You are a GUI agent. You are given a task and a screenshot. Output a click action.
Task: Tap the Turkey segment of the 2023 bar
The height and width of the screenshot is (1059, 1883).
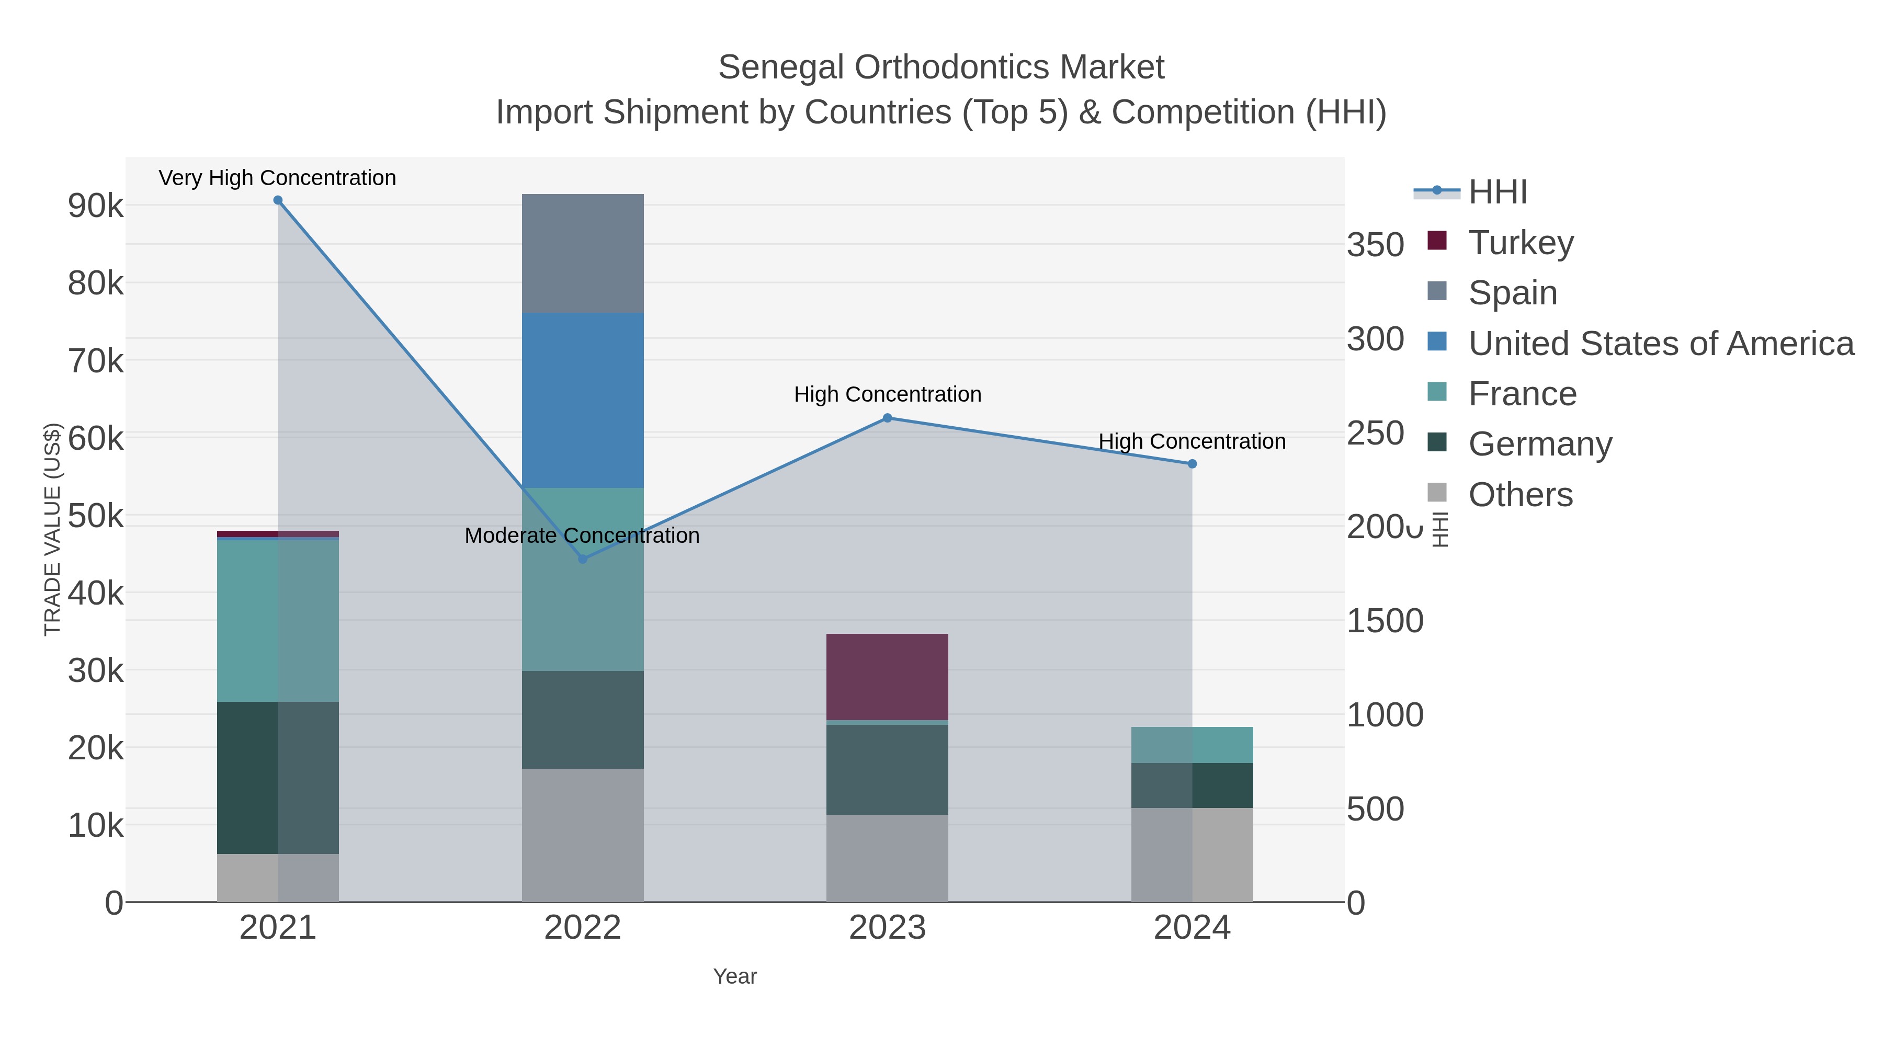click(887, 676)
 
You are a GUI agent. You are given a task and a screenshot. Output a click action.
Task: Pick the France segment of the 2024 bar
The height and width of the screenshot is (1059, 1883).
click(1192, 744)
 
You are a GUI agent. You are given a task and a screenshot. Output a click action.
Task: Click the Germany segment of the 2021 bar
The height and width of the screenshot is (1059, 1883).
click(278, 777)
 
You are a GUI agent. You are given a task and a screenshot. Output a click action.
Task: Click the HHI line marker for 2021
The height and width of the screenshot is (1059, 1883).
click(278, 200)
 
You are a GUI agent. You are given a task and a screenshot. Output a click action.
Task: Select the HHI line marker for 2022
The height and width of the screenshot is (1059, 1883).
click(583, 559)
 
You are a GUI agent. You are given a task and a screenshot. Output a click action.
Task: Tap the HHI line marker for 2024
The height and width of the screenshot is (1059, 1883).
click(1192, 463)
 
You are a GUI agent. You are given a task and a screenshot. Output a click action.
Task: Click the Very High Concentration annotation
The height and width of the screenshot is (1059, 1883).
click(278, 178)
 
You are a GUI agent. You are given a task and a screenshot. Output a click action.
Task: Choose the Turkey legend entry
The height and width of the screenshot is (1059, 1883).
click(1521, 242)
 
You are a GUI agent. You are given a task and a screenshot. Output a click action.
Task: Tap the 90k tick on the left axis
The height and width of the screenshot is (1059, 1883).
click(96, 206)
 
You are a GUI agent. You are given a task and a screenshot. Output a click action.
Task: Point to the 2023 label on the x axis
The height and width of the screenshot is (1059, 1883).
click(887, 927)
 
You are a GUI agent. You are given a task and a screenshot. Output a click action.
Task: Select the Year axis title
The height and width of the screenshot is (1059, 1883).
click(735, 976)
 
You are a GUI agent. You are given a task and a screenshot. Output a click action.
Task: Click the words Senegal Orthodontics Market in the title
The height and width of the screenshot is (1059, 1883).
click(941, 67)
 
